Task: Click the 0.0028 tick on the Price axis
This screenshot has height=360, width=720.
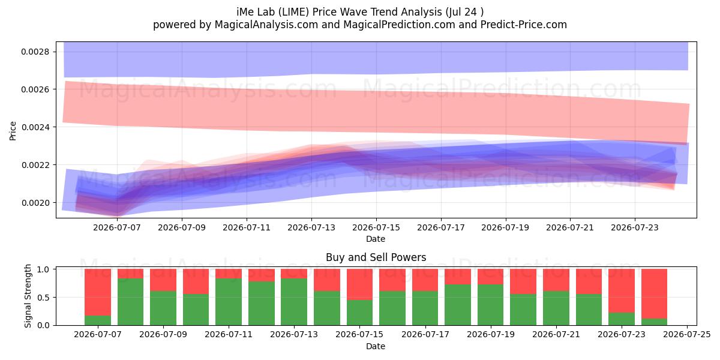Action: [35, 52]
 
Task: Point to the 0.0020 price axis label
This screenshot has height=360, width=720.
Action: [35, 203]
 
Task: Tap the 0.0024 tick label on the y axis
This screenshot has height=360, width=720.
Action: [35, 127]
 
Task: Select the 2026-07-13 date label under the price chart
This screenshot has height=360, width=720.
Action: [311, 227]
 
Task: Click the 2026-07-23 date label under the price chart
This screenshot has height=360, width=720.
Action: [635, 227]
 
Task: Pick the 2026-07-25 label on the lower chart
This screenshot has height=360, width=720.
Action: [687, 335]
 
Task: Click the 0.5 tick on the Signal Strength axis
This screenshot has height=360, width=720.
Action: [44, 298]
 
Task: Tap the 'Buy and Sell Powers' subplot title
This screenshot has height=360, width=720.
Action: [376, 257]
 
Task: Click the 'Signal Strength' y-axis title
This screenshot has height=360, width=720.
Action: [28, 296]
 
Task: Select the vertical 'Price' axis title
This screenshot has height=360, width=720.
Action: [13, 131]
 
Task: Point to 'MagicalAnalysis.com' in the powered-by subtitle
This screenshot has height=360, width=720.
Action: [266, 25]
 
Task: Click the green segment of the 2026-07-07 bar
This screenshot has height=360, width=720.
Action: [98, 320]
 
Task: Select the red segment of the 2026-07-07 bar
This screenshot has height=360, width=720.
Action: [98, 292]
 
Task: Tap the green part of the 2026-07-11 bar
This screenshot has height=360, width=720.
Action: [229, 302]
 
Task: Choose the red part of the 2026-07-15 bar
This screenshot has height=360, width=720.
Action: [359, 284]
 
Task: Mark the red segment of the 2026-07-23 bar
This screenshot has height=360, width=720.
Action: [622, 291]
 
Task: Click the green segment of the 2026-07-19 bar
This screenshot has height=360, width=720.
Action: [491, 305]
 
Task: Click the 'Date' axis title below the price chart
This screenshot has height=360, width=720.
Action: [376, 239]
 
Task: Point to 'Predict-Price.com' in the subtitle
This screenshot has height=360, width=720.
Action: [524, 25]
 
